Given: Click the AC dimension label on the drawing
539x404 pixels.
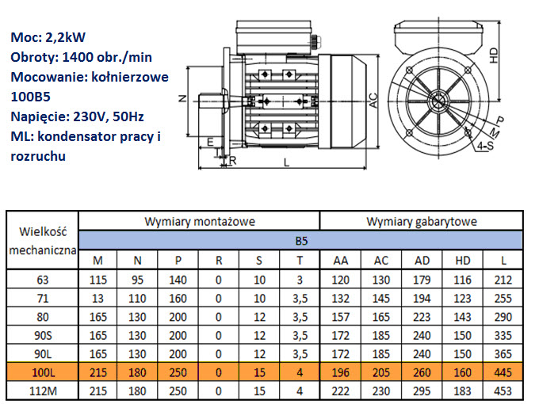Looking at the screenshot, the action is (373, 101).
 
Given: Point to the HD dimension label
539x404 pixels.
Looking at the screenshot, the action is (493, 55).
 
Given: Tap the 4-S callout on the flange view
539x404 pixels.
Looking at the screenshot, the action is (485, 146).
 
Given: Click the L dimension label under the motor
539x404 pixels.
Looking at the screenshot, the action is (286, 162).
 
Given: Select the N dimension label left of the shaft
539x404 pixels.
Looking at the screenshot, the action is (182, 98).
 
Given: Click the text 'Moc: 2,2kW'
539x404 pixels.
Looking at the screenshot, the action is (48, 37).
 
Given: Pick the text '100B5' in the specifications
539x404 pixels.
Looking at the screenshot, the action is (31, 97).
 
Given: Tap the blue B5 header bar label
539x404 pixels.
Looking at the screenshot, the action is (301, 241).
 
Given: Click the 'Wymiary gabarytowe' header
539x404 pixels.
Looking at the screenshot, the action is (422, 222).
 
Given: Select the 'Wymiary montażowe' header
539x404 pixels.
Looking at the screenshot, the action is (200, 222).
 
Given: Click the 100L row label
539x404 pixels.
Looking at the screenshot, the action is (43, 372).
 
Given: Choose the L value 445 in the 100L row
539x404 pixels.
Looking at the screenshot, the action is (503, 372).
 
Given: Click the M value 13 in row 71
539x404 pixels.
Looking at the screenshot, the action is (97, 298).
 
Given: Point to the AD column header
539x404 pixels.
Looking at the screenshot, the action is (422, 261).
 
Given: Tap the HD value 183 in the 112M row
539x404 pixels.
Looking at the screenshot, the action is (462, 391).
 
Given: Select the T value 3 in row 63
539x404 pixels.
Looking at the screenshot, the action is (300, 280).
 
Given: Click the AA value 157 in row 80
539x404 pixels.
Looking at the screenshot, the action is (340, 317).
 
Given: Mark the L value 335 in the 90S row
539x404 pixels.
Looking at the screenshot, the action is (503, 335).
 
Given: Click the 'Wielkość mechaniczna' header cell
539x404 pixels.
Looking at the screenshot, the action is (43, 241).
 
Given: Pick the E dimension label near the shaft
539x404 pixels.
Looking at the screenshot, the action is (210, 142).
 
